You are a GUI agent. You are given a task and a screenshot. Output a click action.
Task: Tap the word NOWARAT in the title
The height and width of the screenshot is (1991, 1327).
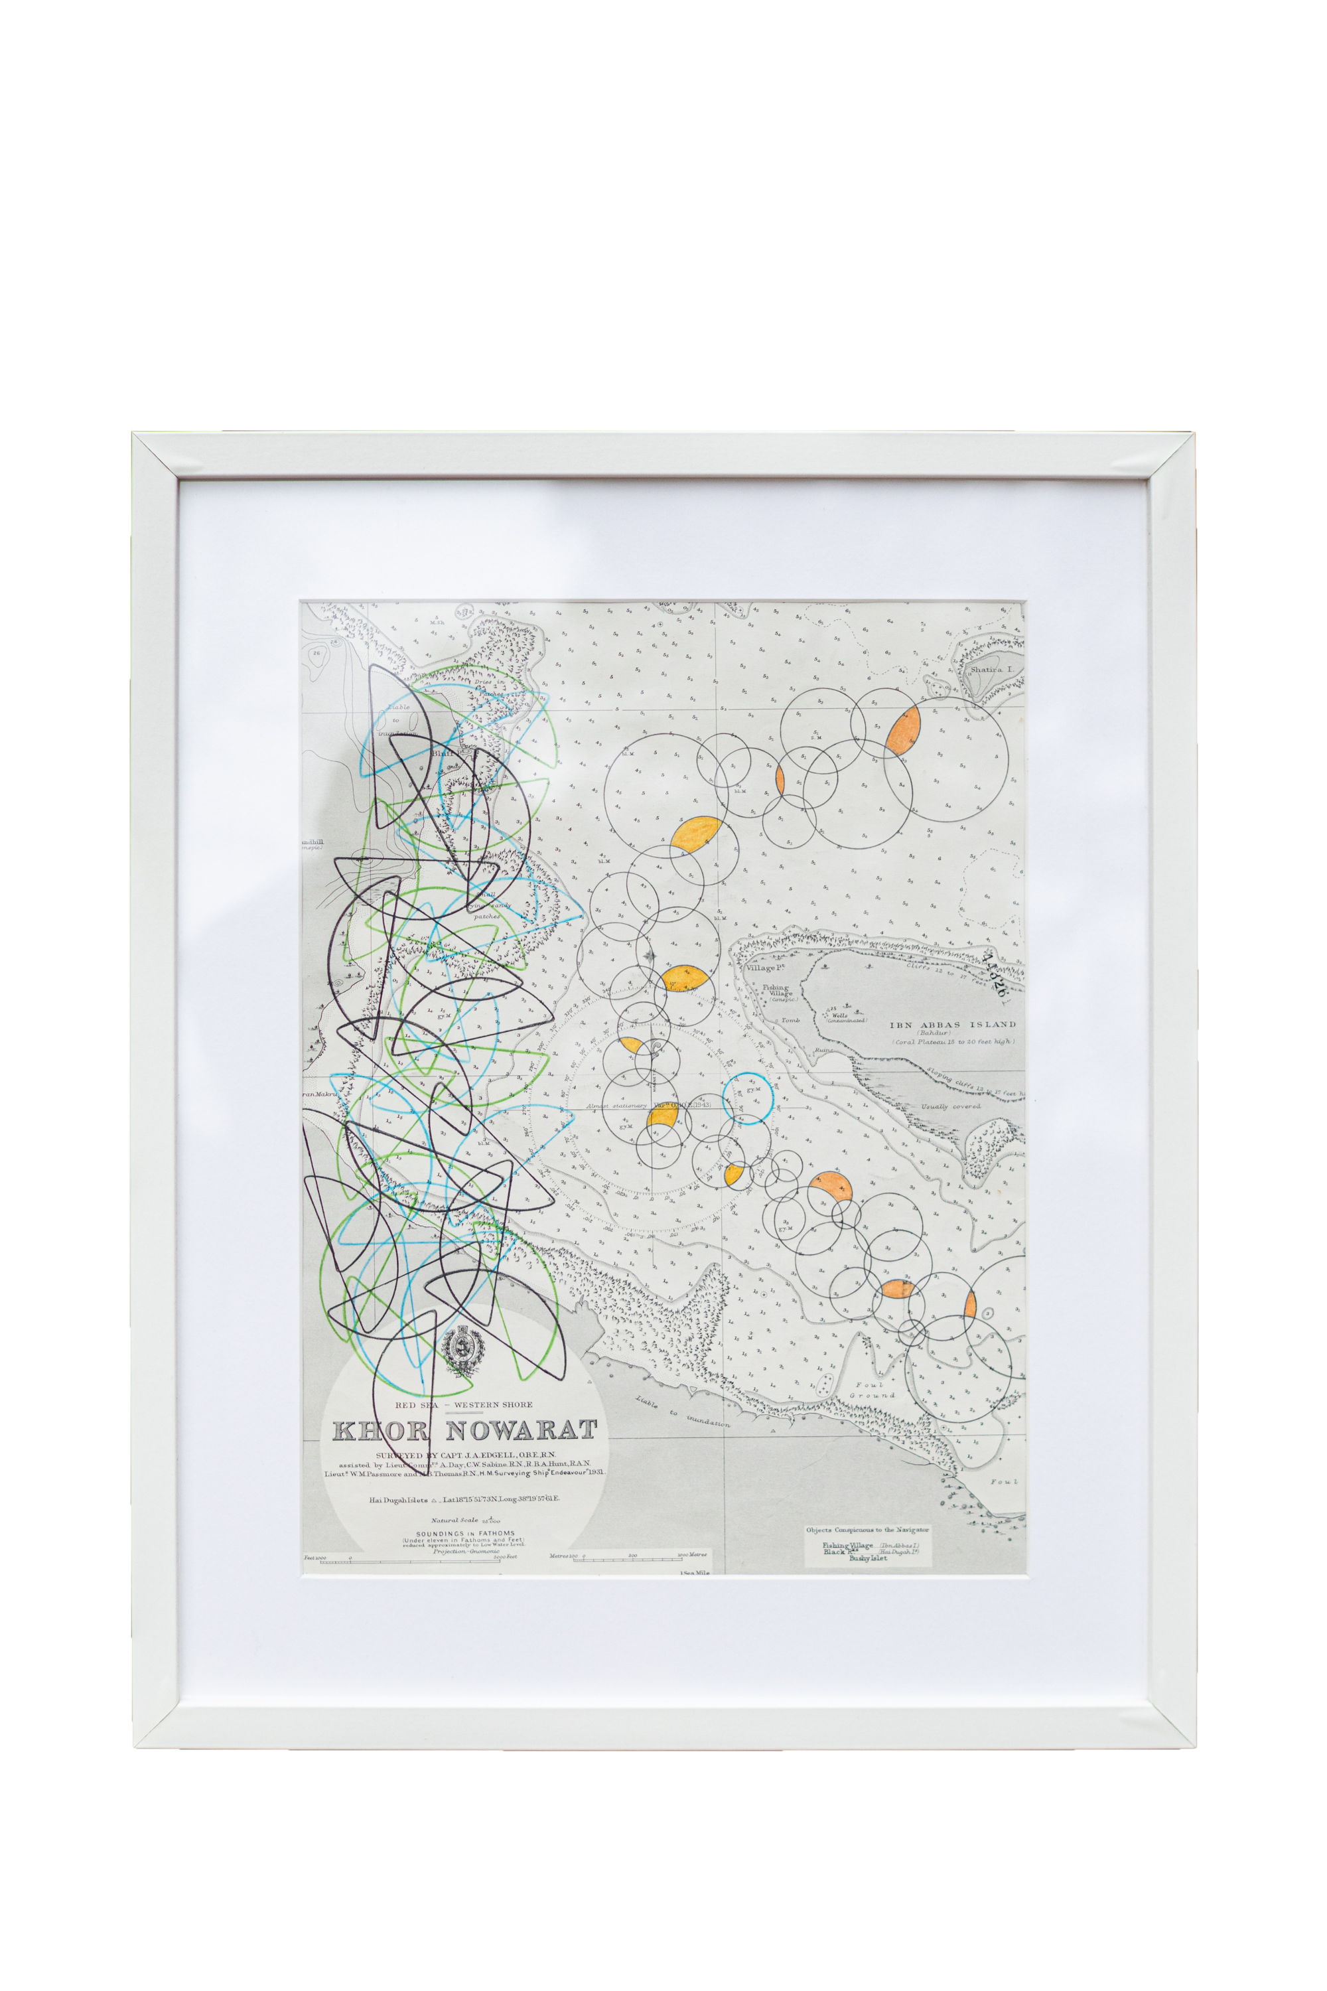pyautogui.click(x=520, y=1431)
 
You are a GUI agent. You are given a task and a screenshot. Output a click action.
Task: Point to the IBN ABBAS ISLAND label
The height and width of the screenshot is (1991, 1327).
pyautogui.click(x=951, y=1024)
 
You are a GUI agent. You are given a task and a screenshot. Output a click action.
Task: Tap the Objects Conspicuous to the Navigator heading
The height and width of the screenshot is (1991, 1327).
pyautogui.click(x=867, y=1530)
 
